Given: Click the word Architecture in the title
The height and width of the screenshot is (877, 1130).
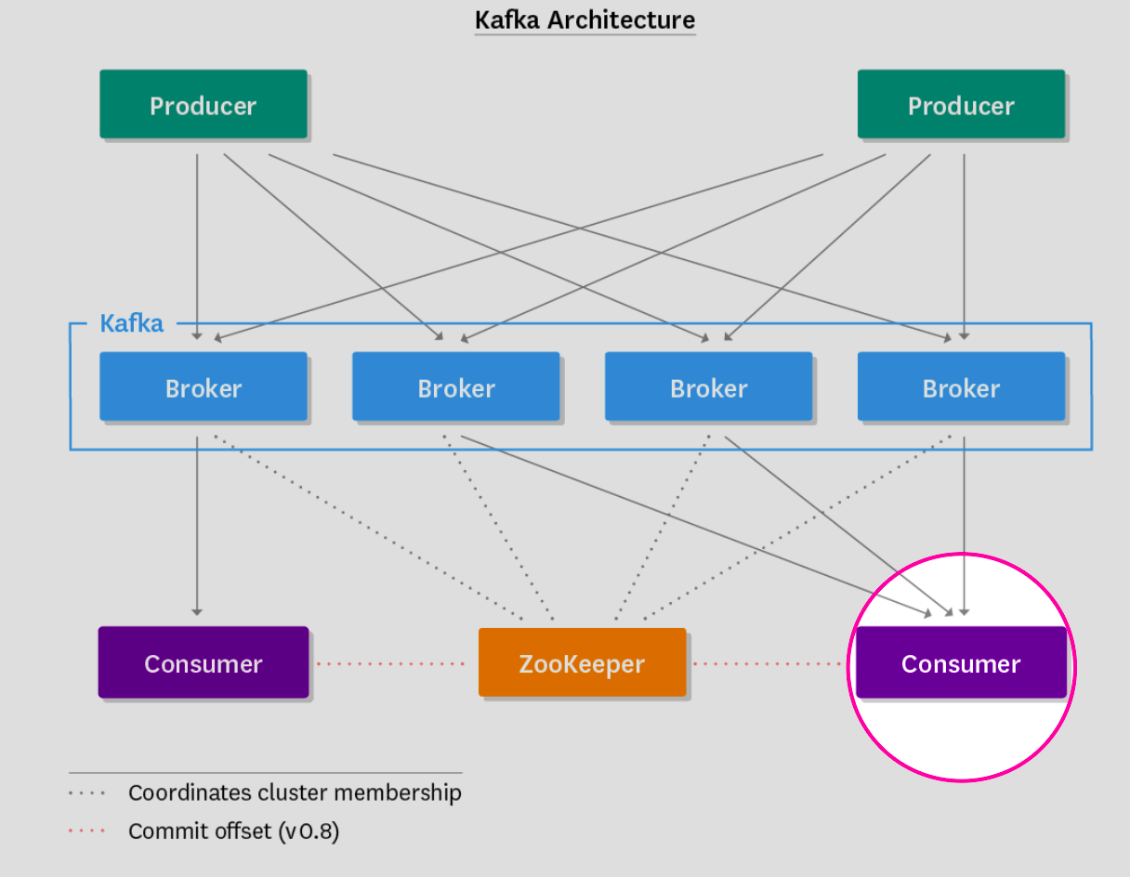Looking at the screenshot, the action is click(621, 20).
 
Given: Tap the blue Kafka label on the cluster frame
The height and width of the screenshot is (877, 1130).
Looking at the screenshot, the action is click(132, 323).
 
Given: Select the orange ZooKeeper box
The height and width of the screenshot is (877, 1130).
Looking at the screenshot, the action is click(582, 661).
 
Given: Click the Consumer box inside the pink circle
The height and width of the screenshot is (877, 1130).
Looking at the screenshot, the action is click(961, 661).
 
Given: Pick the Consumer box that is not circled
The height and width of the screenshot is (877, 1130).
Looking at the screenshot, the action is click(204, 661).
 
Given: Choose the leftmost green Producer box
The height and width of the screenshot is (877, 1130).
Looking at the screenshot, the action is click(204, 104).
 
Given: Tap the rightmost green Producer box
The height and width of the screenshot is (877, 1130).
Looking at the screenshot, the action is click(961, 104).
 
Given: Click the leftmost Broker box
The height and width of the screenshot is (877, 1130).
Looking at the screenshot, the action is click(204, 386).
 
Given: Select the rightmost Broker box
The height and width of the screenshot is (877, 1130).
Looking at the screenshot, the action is click(961, 386).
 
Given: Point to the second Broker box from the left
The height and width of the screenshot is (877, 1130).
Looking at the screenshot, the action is click(456, 386).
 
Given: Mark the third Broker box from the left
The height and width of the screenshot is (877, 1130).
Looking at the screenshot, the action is click(708, 386).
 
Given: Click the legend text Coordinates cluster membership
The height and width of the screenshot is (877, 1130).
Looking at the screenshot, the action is click(295, 793).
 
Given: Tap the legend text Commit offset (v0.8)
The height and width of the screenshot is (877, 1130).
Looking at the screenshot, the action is click(233, 831).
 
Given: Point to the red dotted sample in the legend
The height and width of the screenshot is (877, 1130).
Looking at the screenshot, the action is click(86, 831).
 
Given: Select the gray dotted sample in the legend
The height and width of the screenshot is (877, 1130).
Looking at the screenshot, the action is click(86, 793).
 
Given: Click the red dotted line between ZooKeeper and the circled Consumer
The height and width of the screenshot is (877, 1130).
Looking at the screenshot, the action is click(768, 664).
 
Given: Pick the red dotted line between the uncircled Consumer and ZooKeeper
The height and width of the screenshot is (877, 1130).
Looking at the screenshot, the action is click(390, 664).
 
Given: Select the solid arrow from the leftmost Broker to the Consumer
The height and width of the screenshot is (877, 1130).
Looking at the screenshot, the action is click(197, 526).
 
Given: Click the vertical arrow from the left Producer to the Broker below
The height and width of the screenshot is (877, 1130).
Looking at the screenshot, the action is click(197, 247).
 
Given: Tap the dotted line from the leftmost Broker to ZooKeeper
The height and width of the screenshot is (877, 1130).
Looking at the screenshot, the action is click(369, 528).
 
